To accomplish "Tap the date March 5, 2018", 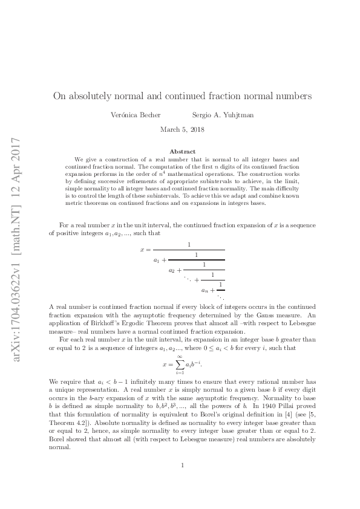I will click(x=180, y=129).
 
